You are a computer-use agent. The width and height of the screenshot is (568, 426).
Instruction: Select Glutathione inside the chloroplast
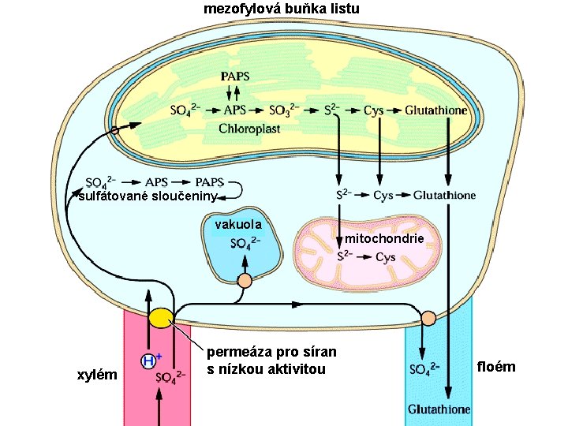[435, 110]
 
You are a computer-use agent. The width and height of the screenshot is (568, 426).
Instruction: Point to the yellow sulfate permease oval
[160, 318]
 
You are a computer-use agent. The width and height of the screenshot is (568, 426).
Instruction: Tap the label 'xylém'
[95, 374]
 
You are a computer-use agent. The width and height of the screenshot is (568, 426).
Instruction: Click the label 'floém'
[496, 366]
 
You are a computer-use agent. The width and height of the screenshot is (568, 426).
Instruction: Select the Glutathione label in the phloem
[439, 409]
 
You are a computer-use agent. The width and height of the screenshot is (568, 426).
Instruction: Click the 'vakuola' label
[237, 226]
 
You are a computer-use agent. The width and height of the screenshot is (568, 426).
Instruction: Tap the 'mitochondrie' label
[385, 237]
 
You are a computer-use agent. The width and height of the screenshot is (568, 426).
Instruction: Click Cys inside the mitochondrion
[385, 257]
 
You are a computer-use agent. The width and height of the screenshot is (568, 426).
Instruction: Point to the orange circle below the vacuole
[245, 280]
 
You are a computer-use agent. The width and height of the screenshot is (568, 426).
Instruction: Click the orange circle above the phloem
[428, 318]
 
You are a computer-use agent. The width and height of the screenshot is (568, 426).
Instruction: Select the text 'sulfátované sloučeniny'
[147, 196]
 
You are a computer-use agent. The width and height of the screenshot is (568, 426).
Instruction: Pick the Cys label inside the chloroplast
[373, 110]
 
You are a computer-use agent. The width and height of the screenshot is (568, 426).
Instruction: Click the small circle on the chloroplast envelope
[115, 128]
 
